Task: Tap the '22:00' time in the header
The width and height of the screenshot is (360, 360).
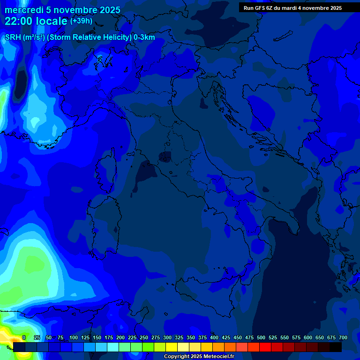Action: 19,22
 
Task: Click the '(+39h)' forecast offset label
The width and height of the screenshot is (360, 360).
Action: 81,21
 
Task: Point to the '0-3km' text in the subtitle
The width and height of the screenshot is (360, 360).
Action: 144,37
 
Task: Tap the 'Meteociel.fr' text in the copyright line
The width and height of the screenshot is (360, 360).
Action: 216,357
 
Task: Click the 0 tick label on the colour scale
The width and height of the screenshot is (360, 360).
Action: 23,338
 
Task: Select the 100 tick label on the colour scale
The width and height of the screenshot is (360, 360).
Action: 74,338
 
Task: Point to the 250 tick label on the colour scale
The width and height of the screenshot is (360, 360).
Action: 144,338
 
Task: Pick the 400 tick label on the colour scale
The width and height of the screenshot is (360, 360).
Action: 214,338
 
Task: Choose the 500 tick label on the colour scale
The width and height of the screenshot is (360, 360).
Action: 261,338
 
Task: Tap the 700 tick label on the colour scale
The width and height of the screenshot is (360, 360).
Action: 343,338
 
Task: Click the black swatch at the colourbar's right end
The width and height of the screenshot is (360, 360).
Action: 336,347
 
